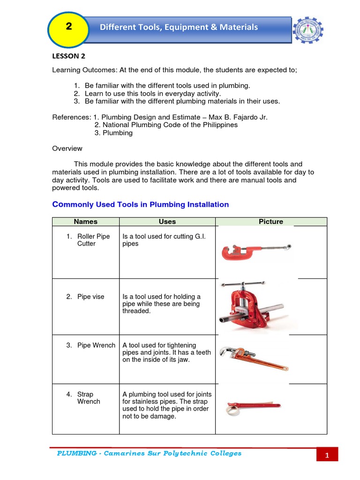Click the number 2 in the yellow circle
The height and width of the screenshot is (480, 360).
(69, 27)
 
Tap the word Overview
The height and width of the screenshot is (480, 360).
(67, 148)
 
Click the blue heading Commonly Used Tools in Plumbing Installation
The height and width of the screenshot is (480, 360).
(140, 204)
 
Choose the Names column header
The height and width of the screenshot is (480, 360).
(86, 222)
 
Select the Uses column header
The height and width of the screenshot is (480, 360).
(167, 222)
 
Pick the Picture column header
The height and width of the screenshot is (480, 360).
(271, 222)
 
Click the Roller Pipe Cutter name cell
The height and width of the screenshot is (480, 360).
(90, 240)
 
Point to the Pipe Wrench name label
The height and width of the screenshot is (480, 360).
(96, 345)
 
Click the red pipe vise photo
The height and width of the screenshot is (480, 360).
(255, 306)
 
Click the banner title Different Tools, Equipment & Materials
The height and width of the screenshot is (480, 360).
(179, 27)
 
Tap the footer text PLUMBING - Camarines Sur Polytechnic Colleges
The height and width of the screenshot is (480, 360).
(149, 453)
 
